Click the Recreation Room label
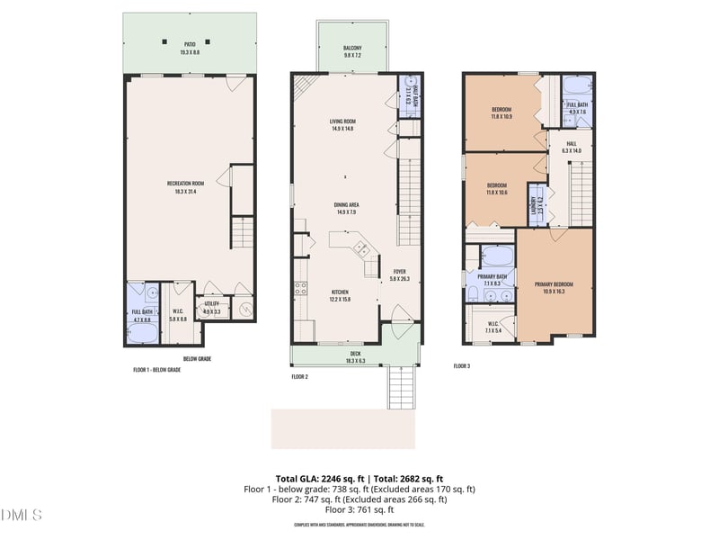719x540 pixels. (188, 184)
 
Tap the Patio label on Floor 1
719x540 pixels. (190, 43)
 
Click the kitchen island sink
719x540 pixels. (360, 248)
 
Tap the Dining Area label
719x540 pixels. (346, 204)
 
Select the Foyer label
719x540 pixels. (400, 271)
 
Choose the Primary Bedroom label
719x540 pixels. (554, 284)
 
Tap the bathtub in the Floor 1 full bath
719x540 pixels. (143, 331)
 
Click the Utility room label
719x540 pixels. (212, 304)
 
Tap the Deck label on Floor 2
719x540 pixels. (355, 355)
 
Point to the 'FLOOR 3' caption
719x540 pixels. (462, 366)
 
